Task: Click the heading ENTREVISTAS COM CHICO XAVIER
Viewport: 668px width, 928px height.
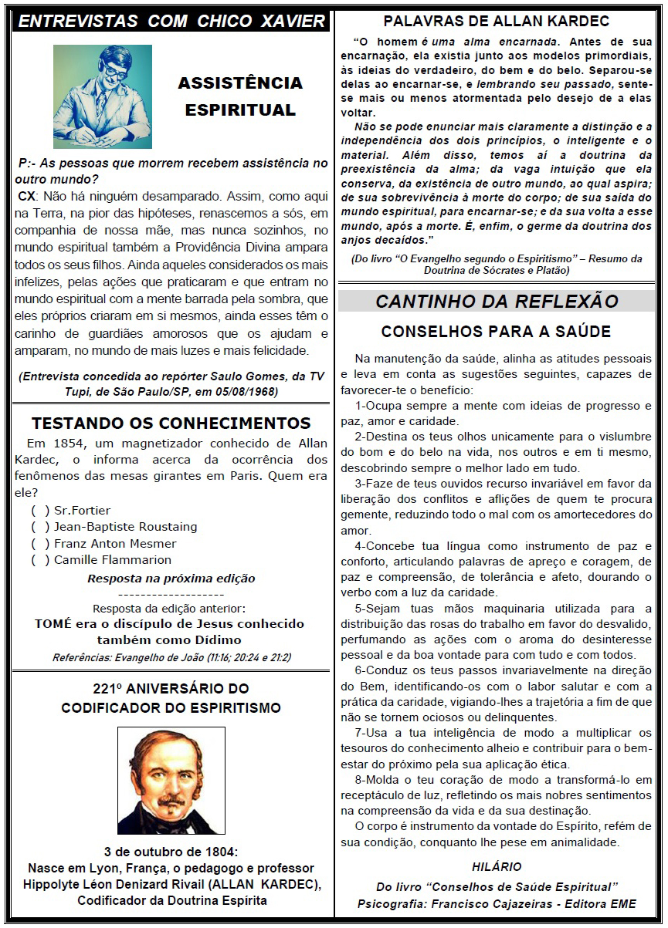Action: coord(172,21)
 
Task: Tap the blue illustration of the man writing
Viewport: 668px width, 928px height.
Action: coord(103,96)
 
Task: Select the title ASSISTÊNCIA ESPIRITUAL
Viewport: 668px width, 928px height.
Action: coord(240,96)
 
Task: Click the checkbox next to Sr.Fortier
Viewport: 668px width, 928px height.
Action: coord(40,511)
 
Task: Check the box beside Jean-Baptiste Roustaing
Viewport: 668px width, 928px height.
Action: coord(40,527)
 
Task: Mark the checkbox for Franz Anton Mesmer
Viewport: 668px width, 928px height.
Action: coord(40,544)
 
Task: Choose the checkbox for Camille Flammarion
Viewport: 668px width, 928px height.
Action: coord(40,560)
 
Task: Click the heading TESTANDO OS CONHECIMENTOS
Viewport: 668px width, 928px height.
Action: coord(171,424)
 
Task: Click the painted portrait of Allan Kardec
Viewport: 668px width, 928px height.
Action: coord(171,780)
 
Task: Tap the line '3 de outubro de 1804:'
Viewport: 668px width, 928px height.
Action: coord(171,852)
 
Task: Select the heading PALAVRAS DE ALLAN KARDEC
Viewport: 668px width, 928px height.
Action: coord(497,21)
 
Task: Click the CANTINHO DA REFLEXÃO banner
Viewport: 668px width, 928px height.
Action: coord(497,302)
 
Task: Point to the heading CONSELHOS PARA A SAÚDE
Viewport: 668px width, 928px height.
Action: coord(497,332)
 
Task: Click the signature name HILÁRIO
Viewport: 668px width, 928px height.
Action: coord(497,866)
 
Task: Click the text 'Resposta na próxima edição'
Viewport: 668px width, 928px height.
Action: coord(171,579)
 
